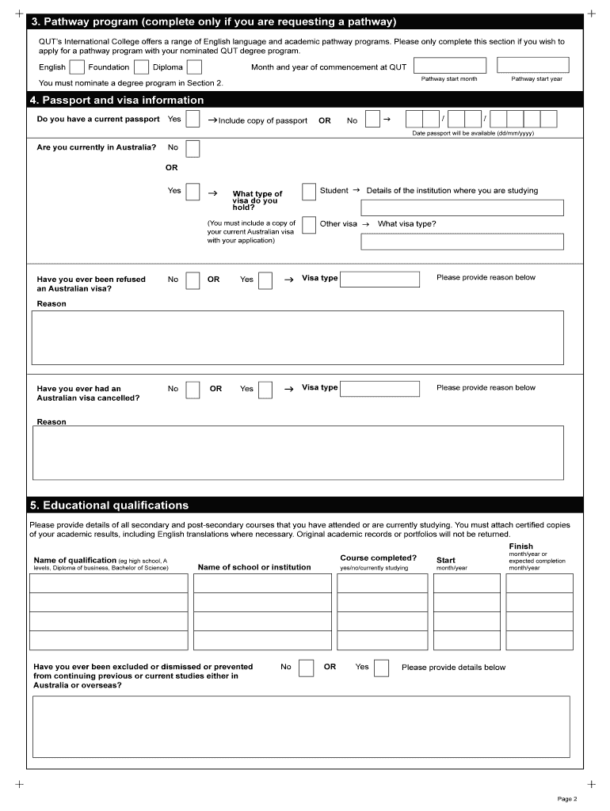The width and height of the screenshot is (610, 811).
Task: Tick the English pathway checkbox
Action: point(77,68)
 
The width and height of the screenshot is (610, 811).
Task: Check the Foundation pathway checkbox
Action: point(141,68)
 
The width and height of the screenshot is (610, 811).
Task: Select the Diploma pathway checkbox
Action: point(194,68)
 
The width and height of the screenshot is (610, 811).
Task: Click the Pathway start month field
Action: point(449,65)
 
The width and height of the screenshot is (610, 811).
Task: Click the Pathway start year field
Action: point(536,65)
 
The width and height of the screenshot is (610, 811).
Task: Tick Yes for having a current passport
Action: point(193,120)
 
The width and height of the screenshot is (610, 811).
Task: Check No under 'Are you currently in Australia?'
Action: point(193,148)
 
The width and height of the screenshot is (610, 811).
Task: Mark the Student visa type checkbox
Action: point(309,192)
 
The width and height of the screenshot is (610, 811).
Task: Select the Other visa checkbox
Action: point(309,225)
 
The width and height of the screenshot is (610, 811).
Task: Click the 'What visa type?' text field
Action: point(462,242)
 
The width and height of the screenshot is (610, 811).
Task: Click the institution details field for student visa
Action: point(462,208)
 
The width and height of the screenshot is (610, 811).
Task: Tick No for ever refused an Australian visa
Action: point(193,280)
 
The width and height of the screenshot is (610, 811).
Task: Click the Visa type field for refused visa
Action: point(379,280)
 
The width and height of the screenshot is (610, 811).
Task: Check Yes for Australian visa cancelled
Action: point(265,390)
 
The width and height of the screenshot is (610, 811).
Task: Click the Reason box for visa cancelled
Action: point(298,452)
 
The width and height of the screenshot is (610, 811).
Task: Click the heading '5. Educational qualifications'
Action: point(109,505)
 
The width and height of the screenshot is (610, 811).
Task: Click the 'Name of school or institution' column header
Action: point(254,567)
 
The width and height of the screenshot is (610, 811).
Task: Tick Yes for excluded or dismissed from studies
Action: point(381,668)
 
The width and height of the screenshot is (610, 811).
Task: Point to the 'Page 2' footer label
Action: point(567,798)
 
